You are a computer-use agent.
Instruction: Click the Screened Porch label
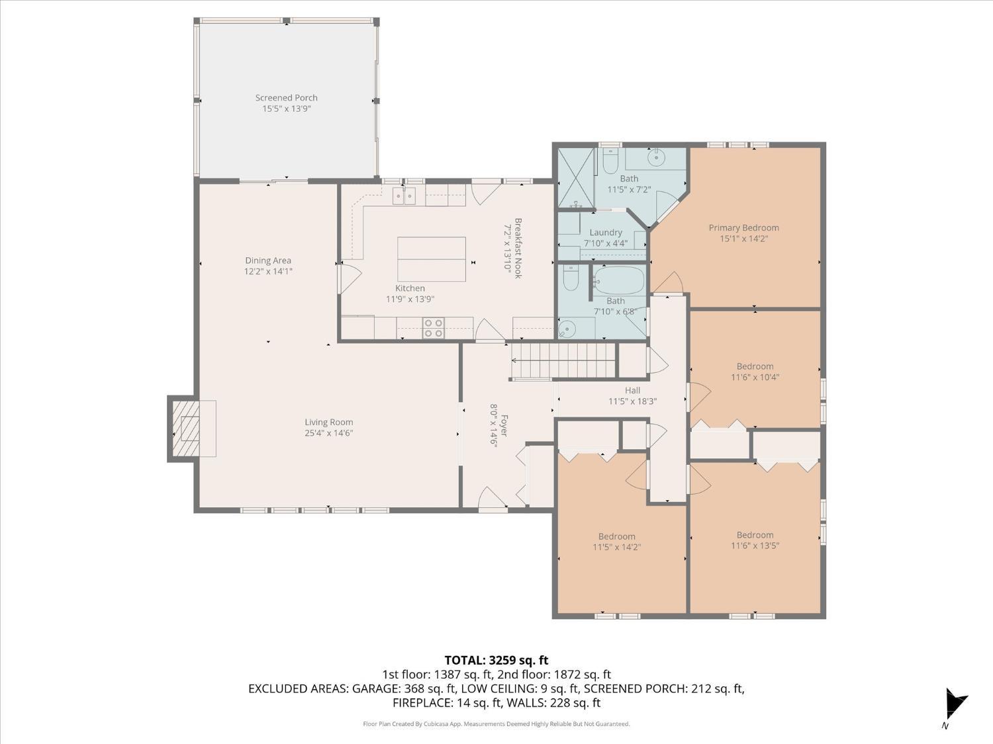tap(287, 98)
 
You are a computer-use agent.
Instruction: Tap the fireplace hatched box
tap(185, 429)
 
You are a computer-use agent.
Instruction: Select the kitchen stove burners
tap(433, 328)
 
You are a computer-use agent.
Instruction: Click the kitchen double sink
tap(404, 196)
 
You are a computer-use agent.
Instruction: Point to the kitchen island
tap(432, 259)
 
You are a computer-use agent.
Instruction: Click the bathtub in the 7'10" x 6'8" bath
tap(618, 282)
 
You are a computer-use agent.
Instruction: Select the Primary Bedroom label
tap(743, 227)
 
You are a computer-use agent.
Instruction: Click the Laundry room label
tap(606, 232)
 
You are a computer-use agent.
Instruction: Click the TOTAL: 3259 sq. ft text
tap(496, 661)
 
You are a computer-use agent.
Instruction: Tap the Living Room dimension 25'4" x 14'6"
tap(329, 433)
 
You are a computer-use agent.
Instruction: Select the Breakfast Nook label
tap(518, 249)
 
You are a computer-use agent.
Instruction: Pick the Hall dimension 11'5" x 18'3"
tap(632, 401)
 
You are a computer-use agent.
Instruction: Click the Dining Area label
tap(268, 260)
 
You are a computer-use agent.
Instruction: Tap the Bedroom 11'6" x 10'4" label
tap(755, 366)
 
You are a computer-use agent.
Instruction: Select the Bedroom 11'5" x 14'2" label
tap(616, 536)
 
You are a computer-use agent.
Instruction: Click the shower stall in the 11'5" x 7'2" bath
tap(575, 177)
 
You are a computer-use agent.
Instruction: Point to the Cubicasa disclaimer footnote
tap(496, 724)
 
